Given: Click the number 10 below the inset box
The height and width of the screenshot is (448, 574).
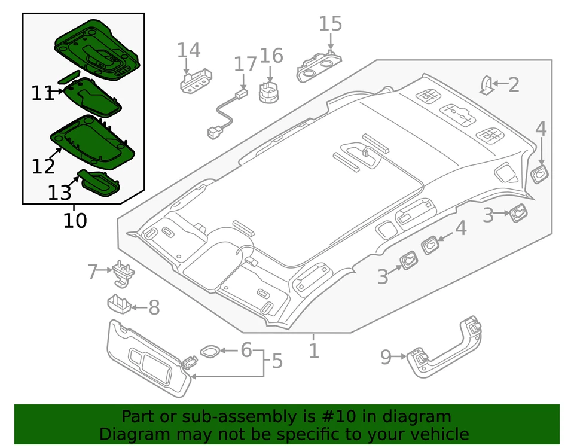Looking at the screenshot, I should [75, 221].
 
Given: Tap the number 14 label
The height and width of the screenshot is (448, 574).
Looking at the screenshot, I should [188, 50].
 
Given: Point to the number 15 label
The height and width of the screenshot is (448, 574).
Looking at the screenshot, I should [330, 24].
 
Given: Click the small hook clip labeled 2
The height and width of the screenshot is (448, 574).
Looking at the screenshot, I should [487, 86].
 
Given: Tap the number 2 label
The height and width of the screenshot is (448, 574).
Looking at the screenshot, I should [514, 85].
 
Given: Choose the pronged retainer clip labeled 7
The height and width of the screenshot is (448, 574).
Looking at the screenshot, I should [123, 271].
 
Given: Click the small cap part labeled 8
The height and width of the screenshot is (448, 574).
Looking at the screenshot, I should [120, 303].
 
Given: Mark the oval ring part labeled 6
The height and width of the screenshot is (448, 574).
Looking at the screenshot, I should [209, 351].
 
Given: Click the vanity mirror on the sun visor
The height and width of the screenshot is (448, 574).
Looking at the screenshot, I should [142, 361].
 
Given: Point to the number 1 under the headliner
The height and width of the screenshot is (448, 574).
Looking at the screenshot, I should [314, 351].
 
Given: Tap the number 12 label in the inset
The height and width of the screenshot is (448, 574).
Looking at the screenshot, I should [44, 166].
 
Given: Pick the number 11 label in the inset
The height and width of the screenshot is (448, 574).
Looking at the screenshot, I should [42, 93].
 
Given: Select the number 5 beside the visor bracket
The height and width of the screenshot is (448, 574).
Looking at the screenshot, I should [276, 361].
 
